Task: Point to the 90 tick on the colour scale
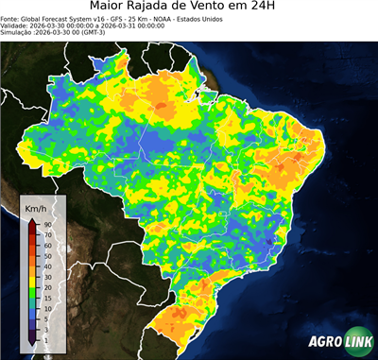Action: [x=47, y=224]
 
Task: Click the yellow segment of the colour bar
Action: [x=32, y=267]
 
